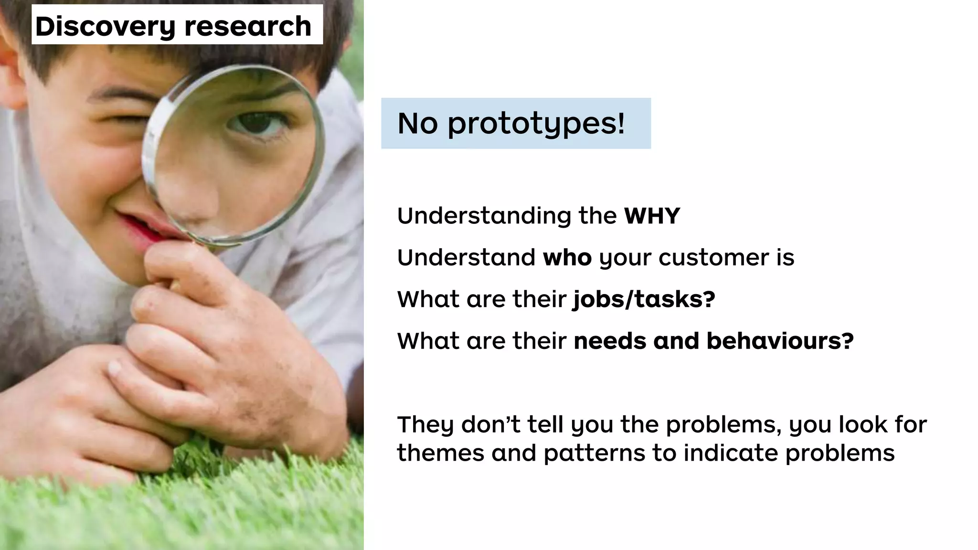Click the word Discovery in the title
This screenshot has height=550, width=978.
[x=106, y=26]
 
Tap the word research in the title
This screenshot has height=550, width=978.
[x=248, y=26]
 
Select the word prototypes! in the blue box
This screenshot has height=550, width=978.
[x=536, y=124]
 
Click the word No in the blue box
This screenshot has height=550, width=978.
[x=417, y=124]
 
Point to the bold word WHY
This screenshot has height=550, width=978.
[x=652, y=216]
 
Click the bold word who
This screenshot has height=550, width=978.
[x=567, y=258]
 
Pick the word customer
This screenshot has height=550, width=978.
[x=707, y=258]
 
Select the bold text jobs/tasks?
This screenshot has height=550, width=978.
[x=644, y=299]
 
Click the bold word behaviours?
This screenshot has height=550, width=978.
[x=780, y=341]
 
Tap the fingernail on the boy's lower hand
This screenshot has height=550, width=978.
[x=115, y=369]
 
